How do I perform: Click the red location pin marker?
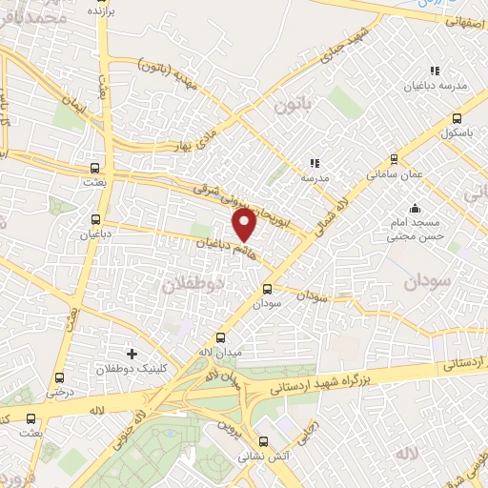(245, 224)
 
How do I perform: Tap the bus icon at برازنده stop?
(93, 2)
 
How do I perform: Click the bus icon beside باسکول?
(458, 118)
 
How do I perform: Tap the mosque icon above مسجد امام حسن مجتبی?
(414, 209)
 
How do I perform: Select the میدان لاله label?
(220, 352)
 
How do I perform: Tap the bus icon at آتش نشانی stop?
(264, 441)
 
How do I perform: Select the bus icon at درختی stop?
(60, 377)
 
